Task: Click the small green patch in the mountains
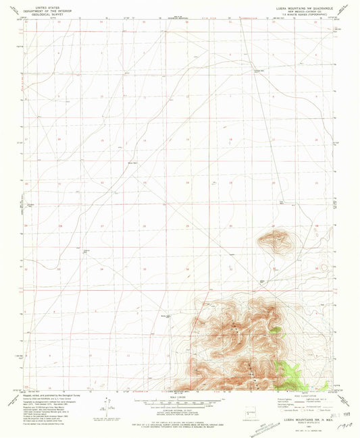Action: point(275,330)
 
